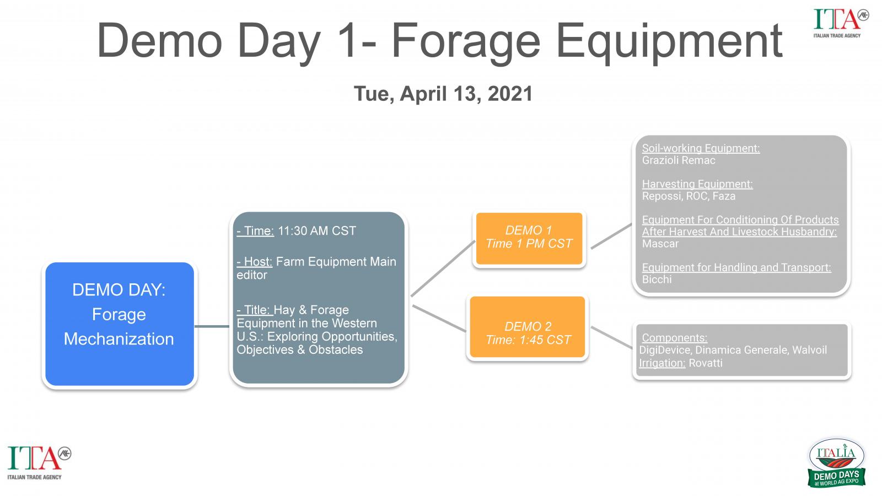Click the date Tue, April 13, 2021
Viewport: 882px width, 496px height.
(443, 94)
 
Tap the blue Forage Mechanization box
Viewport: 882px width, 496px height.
(120, 324)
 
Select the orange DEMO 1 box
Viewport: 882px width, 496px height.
(529, 239)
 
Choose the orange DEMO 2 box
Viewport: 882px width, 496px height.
(528, 327)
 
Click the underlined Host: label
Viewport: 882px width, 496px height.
(254, 262)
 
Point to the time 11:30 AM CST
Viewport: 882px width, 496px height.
(317, 231)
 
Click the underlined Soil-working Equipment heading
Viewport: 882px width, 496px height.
(701, 148)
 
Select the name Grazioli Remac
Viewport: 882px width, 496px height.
(679, 160)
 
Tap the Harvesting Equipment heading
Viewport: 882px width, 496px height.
(697, 184)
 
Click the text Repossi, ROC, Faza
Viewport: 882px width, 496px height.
(689, 196)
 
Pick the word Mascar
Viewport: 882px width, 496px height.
(660, 244)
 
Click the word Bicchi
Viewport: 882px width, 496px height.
(657, 279)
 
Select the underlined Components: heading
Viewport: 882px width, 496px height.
(675, 338)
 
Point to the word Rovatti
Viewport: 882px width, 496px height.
(706, 363)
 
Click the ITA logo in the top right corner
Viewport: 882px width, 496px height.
(841, 23)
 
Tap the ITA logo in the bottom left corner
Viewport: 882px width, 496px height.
(39, 463)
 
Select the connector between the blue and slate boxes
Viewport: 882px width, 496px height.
(212, 326)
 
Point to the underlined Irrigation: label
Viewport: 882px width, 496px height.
(662, 363)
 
